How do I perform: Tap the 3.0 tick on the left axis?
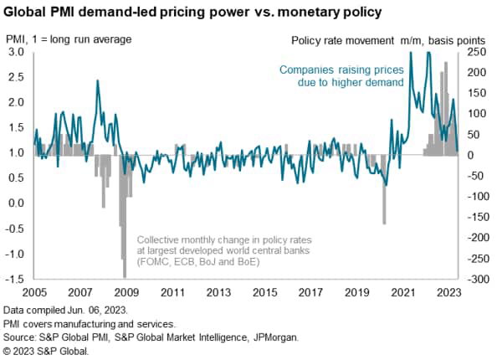coord(17,52)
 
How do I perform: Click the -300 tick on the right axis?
coord(474,278)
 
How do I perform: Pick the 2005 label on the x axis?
coord(33,293)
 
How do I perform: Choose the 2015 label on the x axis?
coord(265,293)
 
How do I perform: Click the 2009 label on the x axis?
coord(126,293)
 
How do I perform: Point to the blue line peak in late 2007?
coord(98,81)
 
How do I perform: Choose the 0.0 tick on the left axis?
coord(17,203)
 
